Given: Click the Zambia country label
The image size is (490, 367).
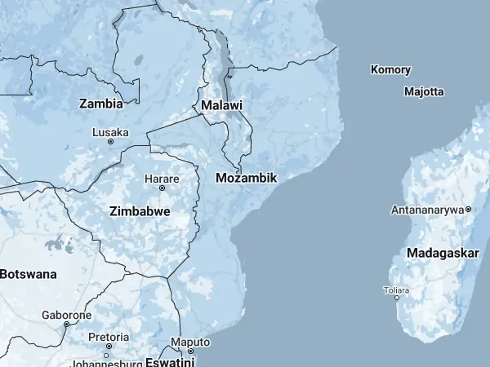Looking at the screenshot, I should (101, 104).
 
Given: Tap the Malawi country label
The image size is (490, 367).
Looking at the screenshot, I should (221, 106).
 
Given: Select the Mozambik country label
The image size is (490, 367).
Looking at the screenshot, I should (247, 178).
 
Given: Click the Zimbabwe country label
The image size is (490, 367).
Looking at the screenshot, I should (140, 210).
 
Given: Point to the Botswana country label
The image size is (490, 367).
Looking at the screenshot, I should (28, 274).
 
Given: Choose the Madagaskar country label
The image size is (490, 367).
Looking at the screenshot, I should (443, 253).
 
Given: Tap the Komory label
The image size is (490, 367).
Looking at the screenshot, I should (390, 70).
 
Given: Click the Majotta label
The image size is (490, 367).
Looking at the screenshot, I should (424, 91).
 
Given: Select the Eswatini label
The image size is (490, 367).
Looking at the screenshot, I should (169, 361).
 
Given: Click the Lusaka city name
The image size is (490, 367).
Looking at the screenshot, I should (110, 132).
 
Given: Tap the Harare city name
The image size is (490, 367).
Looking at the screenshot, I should (162, 178).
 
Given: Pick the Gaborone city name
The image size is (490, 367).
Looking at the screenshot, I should (67, 315).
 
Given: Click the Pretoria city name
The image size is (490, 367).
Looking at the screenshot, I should (108, 337).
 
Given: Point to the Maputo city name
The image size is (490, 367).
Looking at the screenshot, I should (189, 342).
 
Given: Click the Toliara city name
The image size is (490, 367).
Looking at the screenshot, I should (397, 290).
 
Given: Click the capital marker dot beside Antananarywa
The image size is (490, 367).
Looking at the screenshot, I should (469, 210).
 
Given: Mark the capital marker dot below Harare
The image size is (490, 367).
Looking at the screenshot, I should (162, 188).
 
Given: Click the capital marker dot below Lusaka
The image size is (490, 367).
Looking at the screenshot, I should (110, 142).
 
